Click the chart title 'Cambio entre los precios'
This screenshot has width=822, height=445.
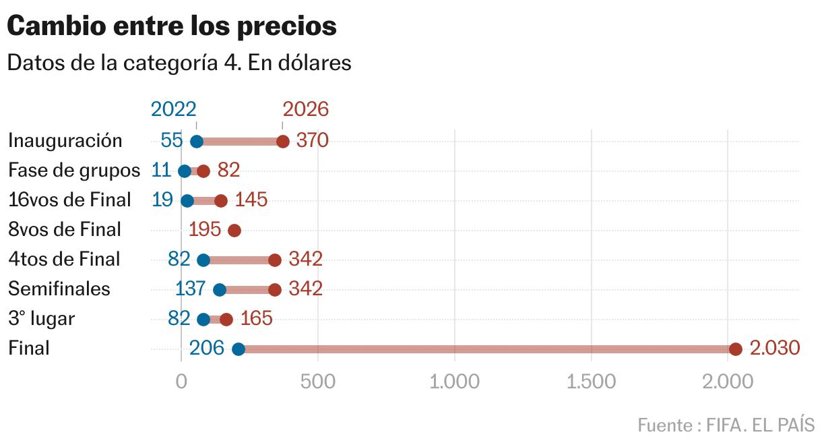pyautogui.click(x=172, y=26)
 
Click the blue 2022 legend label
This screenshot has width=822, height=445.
pyautogui.click(x=174, y=109)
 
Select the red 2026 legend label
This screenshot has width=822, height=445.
pyautogui.click(x=305, y=109)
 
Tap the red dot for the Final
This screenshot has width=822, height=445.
pyautogui.click(x=735, y=349)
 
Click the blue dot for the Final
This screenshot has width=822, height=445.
pyautogui.click(x=238, y=349)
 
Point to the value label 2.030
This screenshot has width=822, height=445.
pyautogui.click(x=774, y=348)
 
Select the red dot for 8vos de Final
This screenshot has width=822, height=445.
pyautogui.click(x=234, y=231)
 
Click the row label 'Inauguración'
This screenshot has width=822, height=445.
pyautogui.click(x=65, y=140)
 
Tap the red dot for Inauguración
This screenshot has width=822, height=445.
pyautogui.click(x=283, y=142)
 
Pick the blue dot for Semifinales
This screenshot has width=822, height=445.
pyautogui.click(x=219, y=290)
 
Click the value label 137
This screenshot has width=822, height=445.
pyautogui.click(x=190, y=289)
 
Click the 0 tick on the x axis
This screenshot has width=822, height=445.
pyautogui.click(x=181, y=382)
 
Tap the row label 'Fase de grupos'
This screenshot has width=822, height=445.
pyautogui.click(x=74, y=170)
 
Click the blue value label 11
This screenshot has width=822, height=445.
pyautogui.click(x=162, y=170)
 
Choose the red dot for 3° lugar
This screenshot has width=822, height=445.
pyautogui.click(x=226, y=320)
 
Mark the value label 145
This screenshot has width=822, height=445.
pyautogui.click(x=251, y=200)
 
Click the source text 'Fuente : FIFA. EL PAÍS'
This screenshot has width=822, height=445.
pyautogui.click(x=726, y=425)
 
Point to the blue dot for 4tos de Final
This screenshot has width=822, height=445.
pyautogui.click(x=203, y=260)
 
